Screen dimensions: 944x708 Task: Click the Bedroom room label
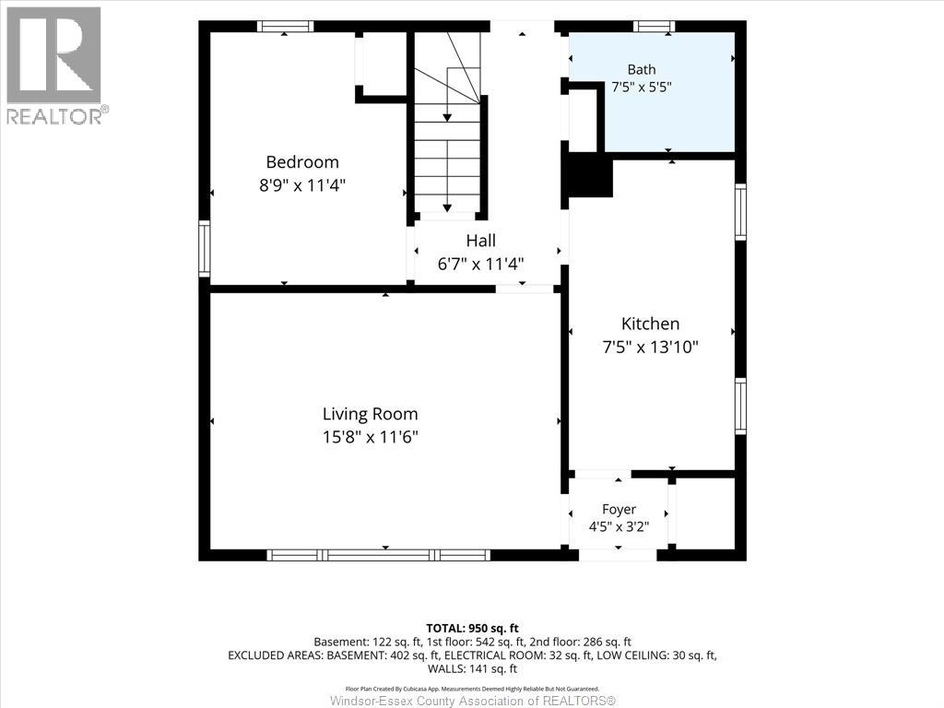(302, 162)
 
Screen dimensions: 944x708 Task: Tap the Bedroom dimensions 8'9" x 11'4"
(302, 184)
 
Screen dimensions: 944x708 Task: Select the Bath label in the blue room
(642, 69)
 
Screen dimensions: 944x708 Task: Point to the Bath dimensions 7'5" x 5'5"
(642, 87)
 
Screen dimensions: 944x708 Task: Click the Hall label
(480, 241)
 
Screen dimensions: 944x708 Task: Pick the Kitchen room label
(650, 324)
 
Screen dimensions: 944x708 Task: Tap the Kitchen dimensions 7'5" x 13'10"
(650, 347)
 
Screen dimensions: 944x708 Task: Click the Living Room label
(370, 414)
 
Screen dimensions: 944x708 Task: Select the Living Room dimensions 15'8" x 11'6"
(370, 436)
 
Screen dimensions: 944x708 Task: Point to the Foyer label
(619, 509)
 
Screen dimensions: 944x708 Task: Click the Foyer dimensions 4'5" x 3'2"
(619, 526)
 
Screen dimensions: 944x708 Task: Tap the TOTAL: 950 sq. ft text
(473, 629)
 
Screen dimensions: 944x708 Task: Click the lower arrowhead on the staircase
(447, 207)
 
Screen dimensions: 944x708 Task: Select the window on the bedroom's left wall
(205, 249)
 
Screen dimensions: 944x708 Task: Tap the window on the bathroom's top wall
(654, 26)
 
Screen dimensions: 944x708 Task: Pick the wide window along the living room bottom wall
(379, 555)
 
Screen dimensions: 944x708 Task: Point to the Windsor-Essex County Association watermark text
(473, 701)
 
